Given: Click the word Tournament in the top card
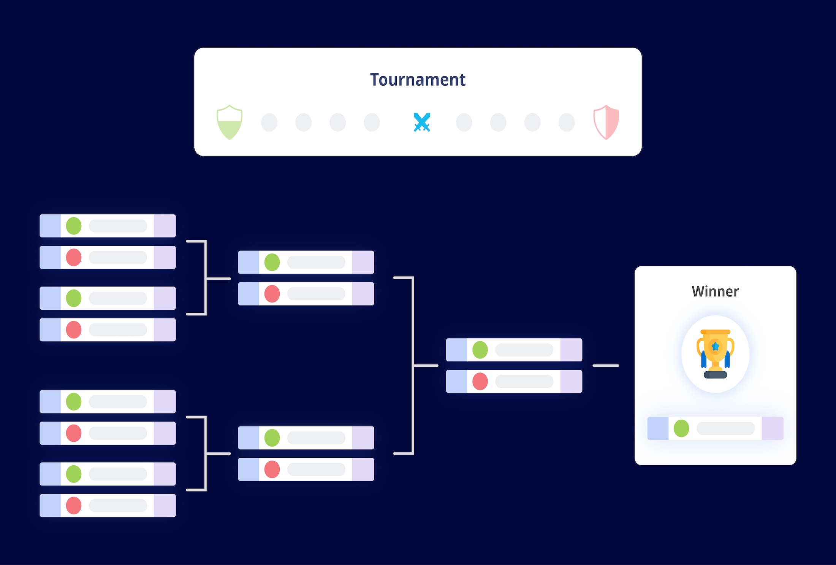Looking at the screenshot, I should coord(418,80).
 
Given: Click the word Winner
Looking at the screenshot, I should coord(715,292).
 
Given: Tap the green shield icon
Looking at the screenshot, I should coord(229,123).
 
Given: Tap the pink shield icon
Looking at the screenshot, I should coord(606,123).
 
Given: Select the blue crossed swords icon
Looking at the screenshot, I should coord(422,123).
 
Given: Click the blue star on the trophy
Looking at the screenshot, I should coord(715,346).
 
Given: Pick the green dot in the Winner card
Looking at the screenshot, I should coord(681,428).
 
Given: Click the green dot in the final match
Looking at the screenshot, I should coord(480,350).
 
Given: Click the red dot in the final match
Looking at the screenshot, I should coord(480,381).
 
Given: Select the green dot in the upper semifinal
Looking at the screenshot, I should coord(272,262).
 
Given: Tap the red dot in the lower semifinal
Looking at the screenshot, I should coord(272,469).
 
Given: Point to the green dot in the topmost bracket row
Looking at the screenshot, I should coord(74,226).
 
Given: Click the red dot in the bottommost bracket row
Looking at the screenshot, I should coord(74,505).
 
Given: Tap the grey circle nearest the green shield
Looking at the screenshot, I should coord(269,123).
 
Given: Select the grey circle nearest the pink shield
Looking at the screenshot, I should coord(567,123).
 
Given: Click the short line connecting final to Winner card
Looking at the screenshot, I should coord(606,366).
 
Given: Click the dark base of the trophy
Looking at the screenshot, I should coord(715,375).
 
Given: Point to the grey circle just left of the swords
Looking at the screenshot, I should coord(372,123).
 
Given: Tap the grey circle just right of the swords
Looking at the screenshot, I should coord(464,123).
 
